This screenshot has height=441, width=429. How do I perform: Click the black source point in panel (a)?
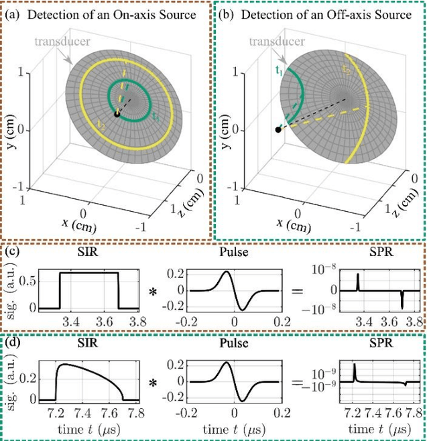(x=117, y=115)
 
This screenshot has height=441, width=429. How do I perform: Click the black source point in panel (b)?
(x=278, y=129)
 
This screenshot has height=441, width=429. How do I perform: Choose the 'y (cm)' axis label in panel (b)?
(x=226, y=127)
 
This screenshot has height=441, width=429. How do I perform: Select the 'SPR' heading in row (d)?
(x=375, y=344)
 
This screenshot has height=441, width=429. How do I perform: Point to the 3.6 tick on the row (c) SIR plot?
(x=102, y=321)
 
